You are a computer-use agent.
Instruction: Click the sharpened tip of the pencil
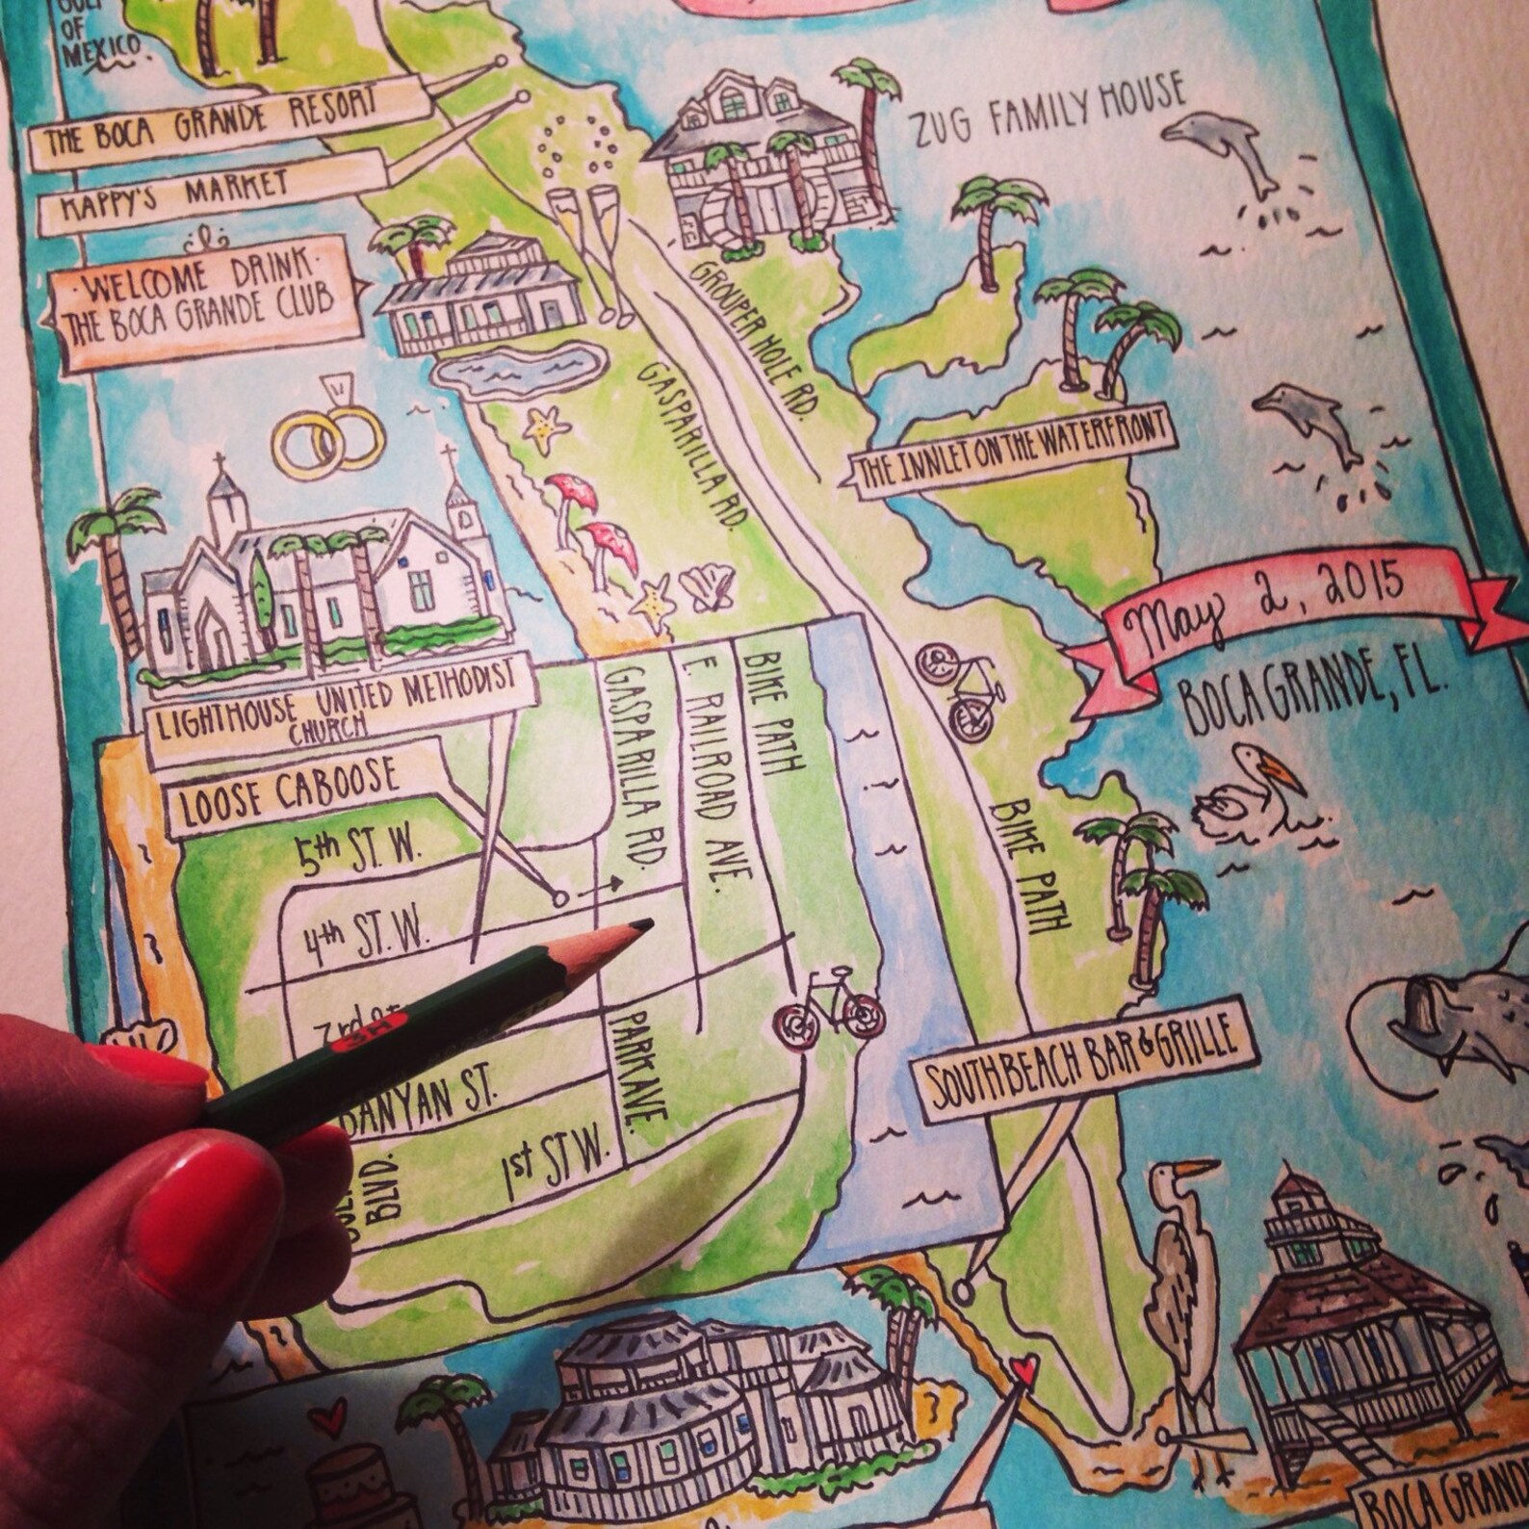[x=643, y=925]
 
